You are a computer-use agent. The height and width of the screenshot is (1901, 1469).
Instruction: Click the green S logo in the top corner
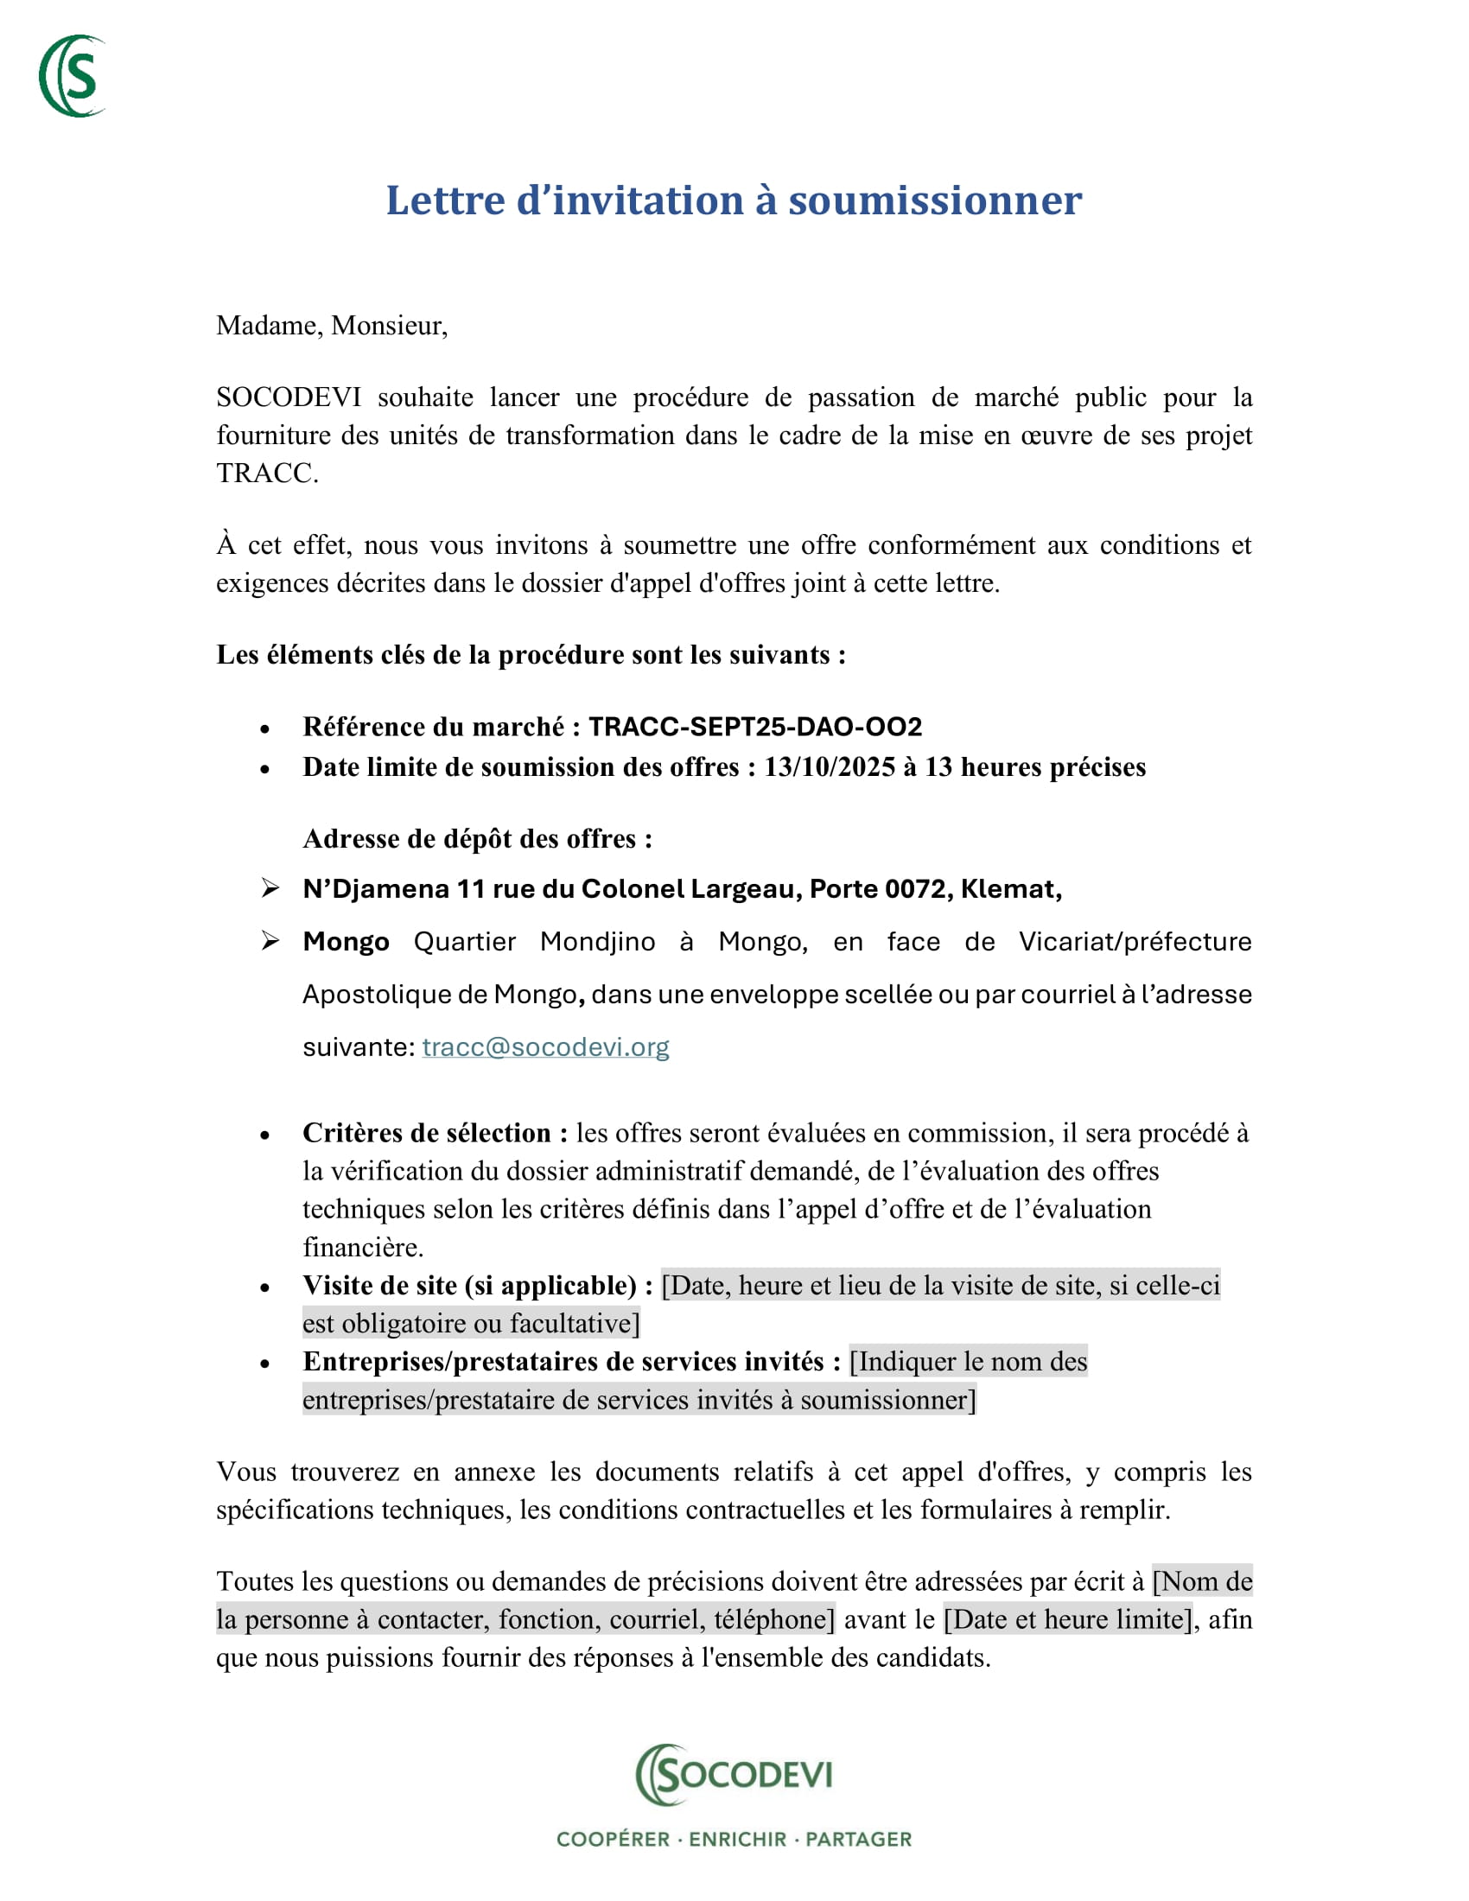pyautogui.click(x=73, y=77)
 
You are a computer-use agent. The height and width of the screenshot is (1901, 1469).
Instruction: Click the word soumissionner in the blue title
pyautogui.click(x=935, y=201)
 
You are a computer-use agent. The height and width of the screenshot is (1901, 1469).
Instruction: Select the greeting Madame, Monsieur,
pyautogui.click(x=332, y=326)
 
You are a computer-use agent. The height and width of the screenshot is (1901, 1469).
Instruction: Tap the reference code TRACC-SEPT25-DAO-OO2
pyautogui.click(x=754, y=727)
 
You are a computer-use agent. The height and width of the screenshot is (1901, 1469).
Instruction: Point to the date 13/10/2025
pyautogui.click(x=830, y=766)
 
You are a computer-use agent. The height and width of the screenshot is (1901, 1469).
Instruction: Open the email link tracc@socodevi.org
pyautogui.click(x=544, y=1046)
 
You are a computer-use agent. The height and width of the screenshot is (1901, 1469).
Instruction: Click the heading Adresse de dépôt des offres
pyautogui.click(x=477, y=839)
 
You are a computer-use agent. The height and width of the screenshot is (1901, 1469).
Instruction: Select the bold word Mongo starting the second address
pyautogui.click(x=346, y=942)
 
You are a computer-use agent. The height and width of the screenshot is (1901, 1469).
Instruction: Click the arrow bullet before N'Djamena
pyautogui.click(x=270, y=887)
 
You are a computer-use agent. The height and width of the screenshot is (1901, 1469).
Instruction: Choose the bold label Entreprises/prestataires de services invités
pyautogui.click(x=571, y=1361)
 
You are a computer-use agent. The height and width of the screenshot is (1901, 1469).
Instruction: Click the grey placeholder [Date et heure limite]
pyautogui.click(x=1068, y=1619)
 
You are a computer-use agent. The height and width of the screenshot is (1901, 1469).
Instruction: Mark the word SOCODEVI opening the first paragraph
pyautogui.click(x=288, y=397)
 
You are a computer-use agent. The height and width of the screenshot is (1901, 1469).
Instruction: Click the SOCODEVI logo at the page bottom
pyautogui.click(x=734, y=1774)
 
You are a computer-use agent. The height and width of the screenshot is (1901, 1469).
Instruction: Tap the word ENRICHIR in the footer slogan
pyautogui.click(x=737, y=1839)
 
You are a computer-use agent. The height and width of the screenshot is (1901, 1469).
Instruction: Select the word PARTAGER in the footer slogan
pyautogui.click(x=858, y=1839)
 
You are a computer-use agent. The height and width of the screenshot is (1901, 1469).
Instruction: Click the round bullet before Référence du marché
pyautogui.click(x=264, y=728)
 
